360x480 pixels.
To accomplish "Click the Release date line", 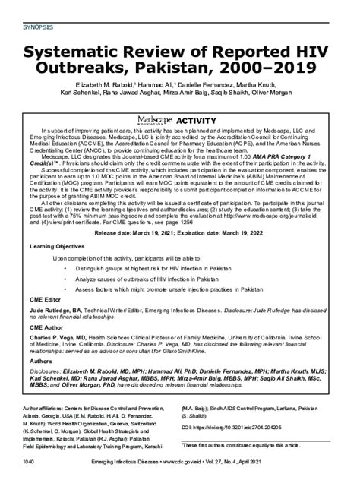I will click(x=179, y=232).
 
